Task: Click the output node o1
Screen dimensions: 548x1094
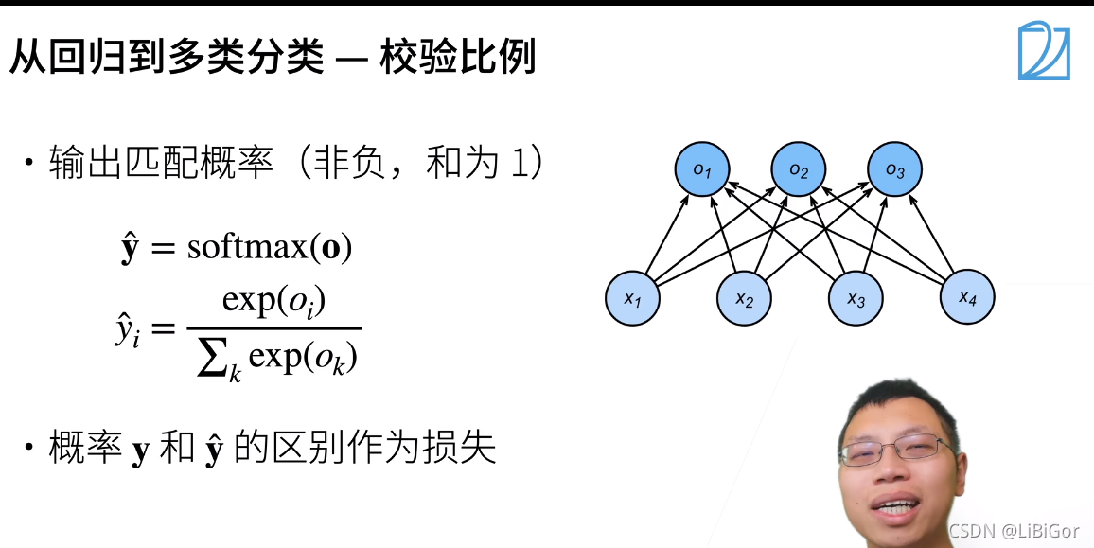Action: [x=701, y=170]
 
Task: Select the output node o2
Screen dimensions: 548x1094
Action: [x=798, y=170]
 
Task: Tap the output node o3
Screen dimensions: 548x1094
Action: [x=894, y=170]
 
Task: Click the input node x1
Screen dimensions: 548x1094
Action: [x=632, y=299]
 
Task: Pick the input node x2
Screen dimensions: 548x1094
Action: [x=744, y=299]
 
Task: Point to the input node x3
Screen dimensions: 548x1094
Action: [x=856, y=299]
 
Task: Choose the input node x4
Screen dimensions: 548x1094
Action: [x=966, y=297]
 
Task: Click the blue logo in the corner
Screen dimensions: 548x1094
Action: [x=1044, y=51]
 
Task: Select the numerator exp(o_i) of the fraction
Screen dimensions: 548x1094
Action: [x=273, y=302]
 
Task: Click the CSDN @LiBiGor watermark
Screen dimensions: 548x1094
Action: [x=1013, y=529]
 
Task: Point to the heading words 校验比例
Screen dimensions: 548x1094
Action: [x=458, y=58]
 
